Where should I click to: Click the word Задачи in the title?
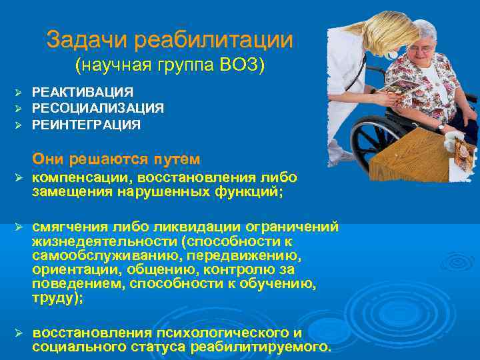[87, 40]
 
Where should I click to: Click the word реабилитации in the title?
[213, 40]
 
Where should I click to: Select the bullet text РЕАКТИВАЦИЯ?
[83, 92]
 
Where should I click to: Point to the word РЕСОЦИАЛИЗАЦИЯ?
[98, 108]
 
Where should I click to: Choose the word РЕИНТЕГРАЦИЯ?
[86, 125]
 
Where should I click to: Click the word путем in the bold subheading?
[176, 159]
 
